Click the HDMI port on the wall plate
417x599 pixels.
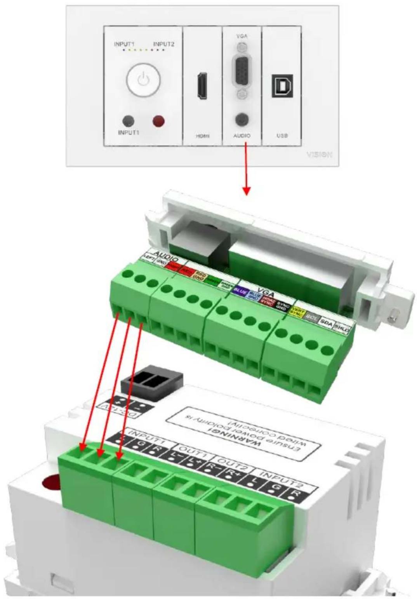click(202, 85)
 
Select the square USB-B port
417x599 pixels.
click(282, 85)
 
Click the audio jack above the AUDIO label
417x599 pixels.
click(242, 119)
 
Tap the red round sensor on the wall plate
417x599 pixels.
click(158, 121)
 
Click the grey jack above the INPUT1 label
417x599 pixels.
click(128, 121)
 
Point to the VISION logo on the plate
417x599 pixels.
click(319, 154)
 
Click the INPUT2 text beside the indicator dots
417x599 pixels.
click(163, 44)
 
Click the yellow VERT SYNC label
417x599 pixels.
click(297, 312)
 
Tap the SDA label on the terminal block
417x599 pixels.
click(326, 323)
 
